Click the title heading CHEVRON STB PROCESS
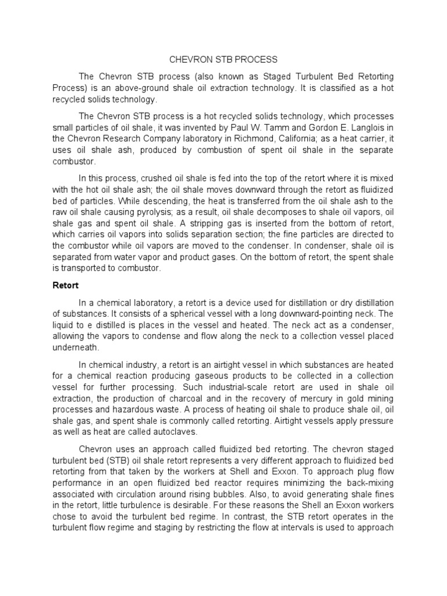[223, 59]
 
